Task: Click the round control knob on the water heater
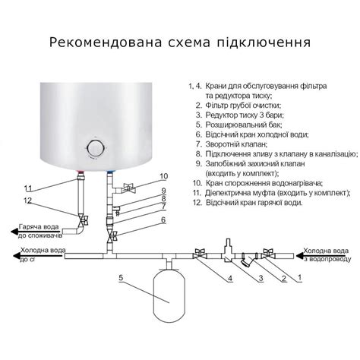tap(96, 147)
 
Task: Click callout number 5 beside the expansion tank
tap(121, 277)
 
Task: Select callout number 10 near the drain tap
tap(164, 176)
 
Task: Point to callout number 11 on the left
tap(28, 188)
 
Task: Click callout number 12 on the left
tap(28, 201)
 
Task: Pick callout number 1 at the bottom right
tap(300, 277)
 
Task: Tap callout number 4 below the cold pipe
tap(230, 279)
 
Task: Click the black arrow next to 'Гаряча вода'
tap(14, 231)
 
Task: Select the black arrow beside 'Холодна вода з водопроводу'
tap(300, 256)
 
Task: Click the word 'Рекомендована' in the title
tap(106, 43)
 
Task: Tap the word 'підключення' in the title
tap(264, 43)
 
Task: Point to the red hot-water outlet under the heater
tap(81, 174)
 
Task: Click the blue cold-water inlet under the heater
tap(110, 173)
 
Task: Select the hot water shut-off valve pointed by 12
tap(83, 219)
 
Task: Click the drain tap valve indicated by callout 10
tap(129, 188)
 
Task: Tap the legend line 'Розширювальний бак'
tap(244, 125)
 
